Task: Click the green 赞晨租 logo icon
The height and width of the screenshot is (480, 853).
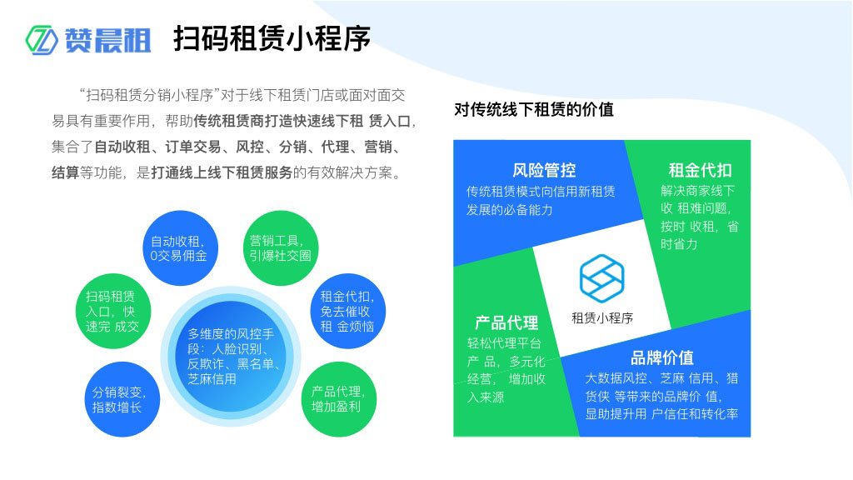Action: (42, 39)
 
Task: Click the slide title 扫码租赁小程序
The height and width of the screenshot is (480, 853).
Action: (272, 39)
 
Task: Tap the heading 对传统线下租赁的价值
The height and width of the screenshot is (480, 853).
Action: (534, 109)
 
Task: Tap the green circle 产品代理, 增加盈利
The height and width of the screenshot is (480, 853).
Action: (337, 399)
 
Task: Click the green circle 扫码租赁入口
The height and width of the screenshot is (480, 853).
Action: (112, 311)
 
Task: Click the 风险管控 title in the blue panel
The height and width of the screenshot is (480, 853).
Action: (544, 170)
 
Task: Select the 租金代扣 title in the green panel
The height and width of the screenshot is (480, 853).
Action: (700, 170)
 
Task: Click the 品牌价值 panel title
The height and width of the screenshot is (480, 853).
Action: (662, 357)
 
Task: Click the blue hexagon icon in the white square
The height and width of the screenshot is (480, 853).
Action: (601, 278)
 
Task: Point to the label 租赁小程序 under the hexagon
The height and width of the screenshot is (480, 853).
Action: (601, 317)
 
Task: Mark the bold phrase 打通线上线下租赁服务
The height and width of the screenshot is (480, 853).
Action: (222, 173)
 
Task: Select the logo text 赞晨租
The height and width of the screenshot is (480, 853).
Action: (108, 40)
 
